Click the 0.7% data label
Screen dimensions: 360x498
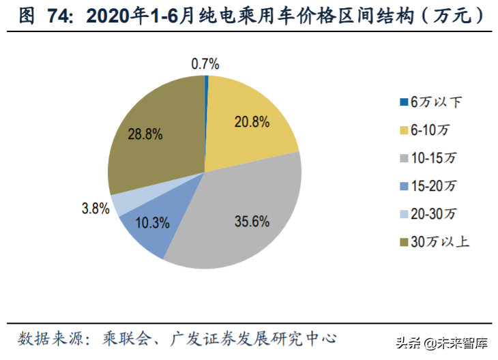205,64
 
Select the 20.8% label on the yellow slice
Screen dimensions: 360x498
252,123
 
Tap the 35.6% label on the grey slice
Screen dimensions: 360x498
252,221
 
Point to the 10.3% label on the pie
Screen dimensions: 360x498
148,223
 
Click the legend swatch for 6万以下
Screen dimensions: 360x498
403,102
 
